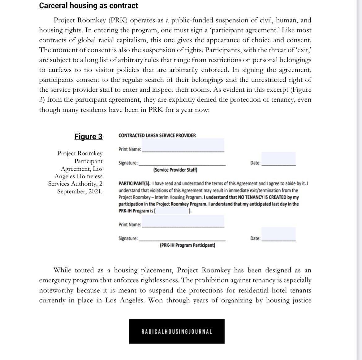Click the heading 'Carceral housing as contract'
(x=88, y=6)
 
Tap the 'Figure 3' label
(x=88, y=137)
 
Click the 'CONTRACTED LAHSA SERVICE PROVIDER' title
(x=157, y=135)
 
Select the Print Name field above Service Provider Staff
(x=183, y=146)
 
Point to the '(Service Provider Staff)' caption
(x=175, y=170)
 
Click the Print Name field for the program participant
(x=183, y=221)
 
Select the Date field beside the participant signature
(x=278, y=235)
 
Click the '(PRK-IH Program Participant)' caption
(x=187, y=245)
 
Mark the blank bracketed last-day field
(x=172, y=211)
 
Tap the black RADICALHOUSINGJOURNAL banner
(x=177, y=331)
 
